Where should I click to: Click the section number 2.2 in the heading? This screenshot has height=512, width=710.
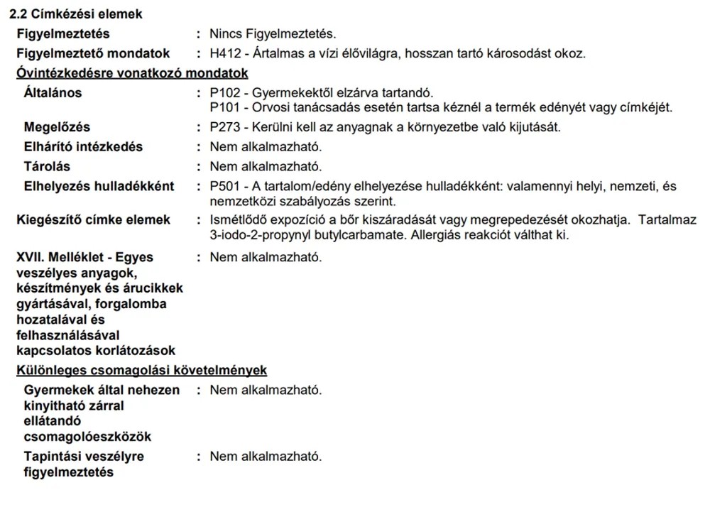point(27,13)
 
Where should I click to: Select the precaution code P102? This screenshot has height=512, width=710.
point(224,93)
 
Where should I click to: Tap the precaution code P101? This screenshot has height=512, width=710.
point(224,107)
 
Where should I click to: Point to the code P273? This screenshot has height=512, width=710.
point(224,127)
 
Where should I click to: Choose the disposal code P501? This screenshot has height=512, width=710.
point(224,187)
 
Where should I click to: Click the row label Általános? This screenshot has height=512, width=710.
point(53,93)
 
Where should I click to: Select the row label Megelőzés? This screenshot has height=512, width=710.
point(57,127)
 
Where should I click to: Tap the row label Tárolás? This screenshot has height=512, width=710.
point(47,167)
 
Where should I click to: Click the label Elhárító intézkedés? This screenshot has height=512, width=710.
point(83,147)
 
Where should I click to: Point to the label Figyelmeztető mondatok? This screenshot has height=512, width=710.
point(93,53)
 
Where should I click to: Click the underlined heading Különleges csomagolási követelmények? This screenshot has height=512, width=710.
point(141,371)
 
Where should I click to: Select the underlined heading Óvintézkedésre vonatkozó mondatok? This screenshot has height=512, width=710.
point(132,73)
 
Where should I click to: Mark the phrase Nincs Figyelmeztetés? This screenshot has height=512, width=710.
point(273,33)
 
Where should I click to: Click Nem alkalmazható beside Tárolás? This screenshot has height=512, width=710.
point(266,167)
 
